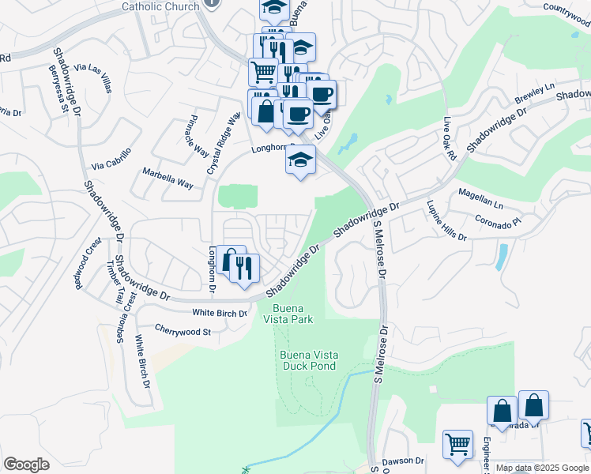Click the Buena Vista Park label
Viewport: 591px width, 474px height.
293,314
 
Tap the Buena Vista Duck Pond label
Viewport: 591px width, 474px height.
307,360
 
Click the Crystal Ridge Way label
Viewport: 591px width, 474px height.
223,143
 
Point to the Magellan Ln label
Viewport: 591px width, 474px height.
480,197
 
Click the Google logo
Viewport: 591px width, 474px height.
26,464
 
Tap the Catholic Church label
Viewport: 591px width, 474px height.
160,6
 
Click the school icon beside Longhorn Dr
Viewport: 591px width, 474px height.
300,160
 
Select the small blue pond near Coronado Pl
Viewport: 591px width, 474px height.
503,257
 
